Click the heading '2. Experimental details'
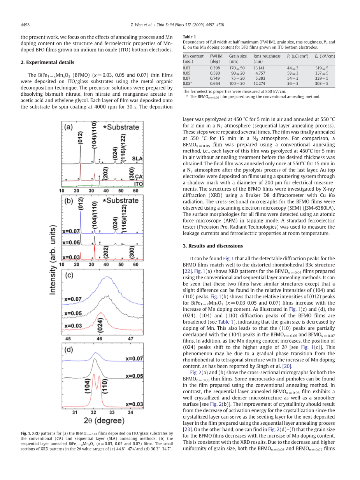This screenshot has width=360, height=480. point(47,62)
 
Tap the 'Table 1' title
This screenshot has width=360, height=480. point(189,37)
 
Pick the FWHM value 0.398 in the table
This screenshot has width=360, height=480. point(215,68)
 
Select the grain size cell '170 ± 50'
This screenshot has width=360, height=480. point(237,68)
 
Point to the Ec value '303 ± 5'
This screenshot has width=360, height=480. point(321,83)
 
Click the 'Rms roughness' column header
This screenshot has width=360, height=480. point(267,56)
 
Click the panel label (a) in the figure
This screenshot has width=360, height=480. point(69,127)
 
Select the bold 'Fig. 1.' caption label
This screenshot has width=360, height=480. point(26,433)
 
